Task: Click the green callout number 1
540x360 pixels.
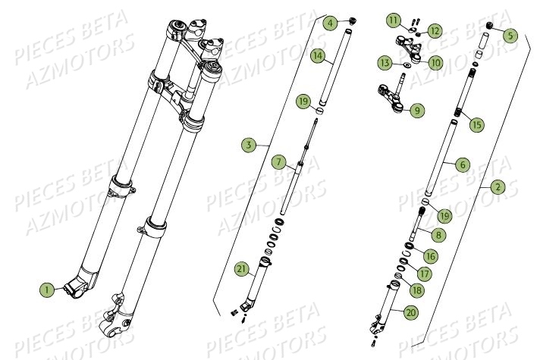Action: [47, 289]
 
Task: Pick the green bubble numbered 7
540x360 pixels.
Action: [279, 162]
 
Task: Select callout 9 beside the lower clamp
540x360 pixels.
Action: [417, 111]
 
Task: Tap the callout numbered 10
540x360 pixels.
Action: [436, 62]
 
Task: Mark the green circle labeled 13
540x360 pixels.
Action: [385, 62]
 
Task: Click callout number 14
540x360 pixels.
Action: [318, 55]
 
